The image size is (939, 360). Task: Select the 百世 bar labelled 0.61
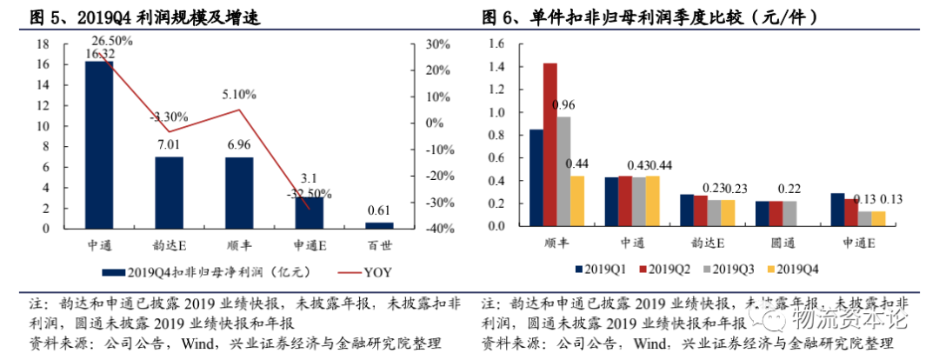379,226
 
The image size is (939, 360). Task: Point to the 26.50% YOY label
110,40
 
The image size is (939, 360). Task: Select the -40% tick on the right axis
436,229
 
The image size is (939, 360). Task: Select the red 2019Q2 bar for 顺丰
549,144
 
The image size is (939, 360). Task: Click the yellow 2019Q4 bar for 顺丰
577,201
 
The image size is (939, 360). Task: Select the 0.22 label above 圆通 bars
789,189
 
